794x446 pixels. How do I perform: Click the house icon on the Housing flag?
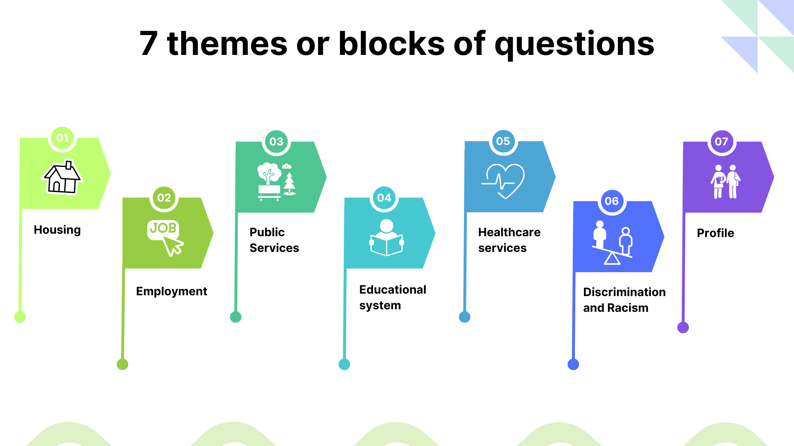[62, 177]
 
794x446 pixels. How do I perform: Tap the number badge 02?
[164, 198]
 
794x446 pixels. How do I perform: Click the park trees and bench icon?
[276, 181]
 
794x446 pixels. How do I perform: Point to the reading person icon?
[387, 237]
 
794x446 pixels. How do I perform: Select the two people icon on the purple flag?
[725, 182]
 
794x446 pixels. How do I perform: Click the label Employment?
[172, 292]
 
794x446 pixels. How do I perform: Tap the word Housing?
[57, 230]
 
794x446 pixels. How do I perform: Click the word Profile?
[715, 233]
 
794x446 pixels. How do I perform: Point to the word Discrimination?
[624, 292]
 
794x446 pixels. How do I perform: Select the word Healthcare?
[509, 232]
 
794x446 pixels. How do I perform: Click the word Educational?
[393, 289]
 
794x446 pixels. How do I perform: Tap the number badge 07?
[722, 142]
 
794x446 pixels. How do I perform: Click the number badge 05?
[503, 141]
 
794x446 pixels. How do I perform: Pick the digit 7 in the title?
[148, 43]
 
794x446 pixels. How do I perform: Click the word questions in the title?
[574, 45]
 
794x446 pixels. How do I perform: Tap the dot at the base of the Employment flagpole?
[122, 364]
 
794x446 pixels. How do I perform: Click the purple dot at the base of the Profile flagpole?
[683, 327]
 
